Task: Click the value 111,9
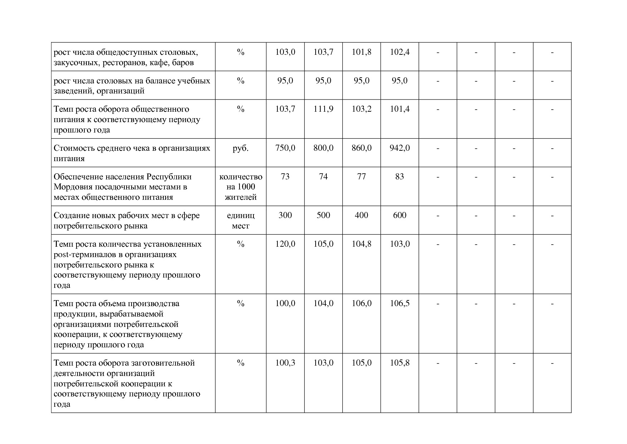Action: [x=323, y=109]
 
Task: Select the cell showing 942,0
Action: [x=399, y=148]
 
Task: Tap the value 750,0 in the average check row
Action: [x=285, y=148]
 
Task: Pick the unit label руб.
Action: [x=241, y=148]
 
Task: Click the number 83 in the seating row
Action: [x=399, y=177]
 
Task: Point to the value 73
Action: [x=285, y=177]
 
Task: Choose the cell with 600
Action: [x=399, y=215]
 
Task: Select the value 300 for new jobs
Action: [x=285, y=215]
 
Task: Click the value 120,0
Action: [x=285, y=244]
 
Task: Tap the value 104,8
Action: [x=361, y=244]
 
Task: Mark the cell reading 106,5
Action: [x=399, y=304]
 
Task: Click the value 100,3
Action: [x=285, y=363]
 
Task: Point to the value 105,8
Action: [x=399, y=363]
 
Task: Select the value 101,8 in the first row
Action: [x=361, y=52]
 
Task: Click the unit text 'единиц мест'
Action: [x=241, y=221]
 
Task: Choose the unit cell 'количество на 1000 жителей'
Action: [x=241, y=187]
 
